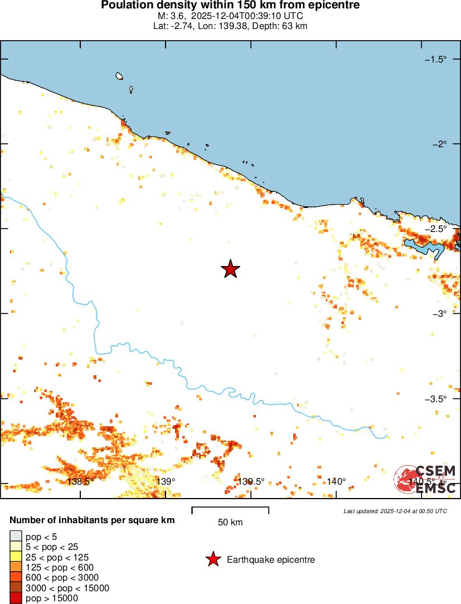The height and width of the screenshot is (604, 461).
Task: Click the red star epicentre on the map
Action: (x=230, y=269)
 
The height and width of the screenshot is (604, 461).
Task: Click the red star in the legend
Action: (x=212, y=559)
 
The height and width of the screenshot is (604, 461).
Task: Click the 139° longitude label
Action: (x=166, y=481)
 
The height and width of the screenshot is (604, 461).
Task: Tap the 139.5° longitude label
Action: (x=251, y=481)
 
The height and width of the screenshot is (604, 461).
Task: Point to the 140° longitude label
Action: (x=336, y=481)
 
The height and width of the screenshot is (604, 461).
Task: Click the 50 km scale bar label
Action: (x=230, y=523)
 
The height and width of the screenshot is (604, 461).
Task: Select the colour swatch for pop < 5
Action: (x=16, y=537)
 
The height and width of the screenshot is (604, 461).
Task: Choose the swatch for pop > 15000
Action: (x=16, y=598)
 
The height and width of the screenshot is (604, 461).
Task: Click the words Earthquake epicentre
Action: (x=271, y=559)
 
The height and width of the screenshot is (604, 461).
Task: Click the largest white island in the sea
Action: (x=119, y=76)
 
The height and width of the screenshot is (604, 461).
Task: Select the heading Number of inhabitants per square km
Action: (x=92, y=520)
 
